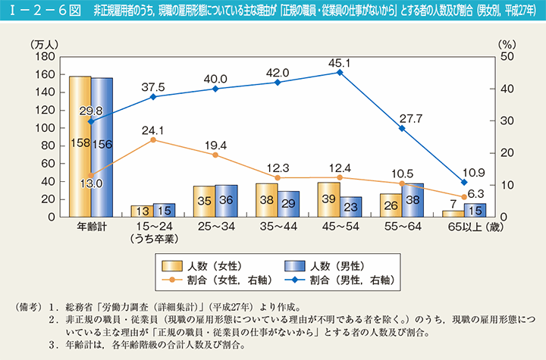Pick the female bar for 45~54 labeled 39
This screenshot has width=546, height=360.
[329, 199]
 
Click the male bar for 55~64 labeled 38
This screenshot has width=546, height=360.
[413, 199]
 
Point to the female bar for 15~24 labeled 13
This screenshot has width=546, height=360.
[141, 211]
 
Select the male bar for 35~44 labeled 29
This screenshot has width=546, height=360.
[288, 203]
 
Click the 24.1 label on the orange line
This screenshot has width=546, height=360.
[153, 128]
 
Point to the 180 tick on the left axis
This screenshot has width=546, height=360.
[47, 57]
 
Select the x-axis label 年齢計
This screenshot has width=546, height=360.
[91, 227]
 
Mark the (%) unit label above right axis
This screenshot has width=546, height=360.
[507, 44]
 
